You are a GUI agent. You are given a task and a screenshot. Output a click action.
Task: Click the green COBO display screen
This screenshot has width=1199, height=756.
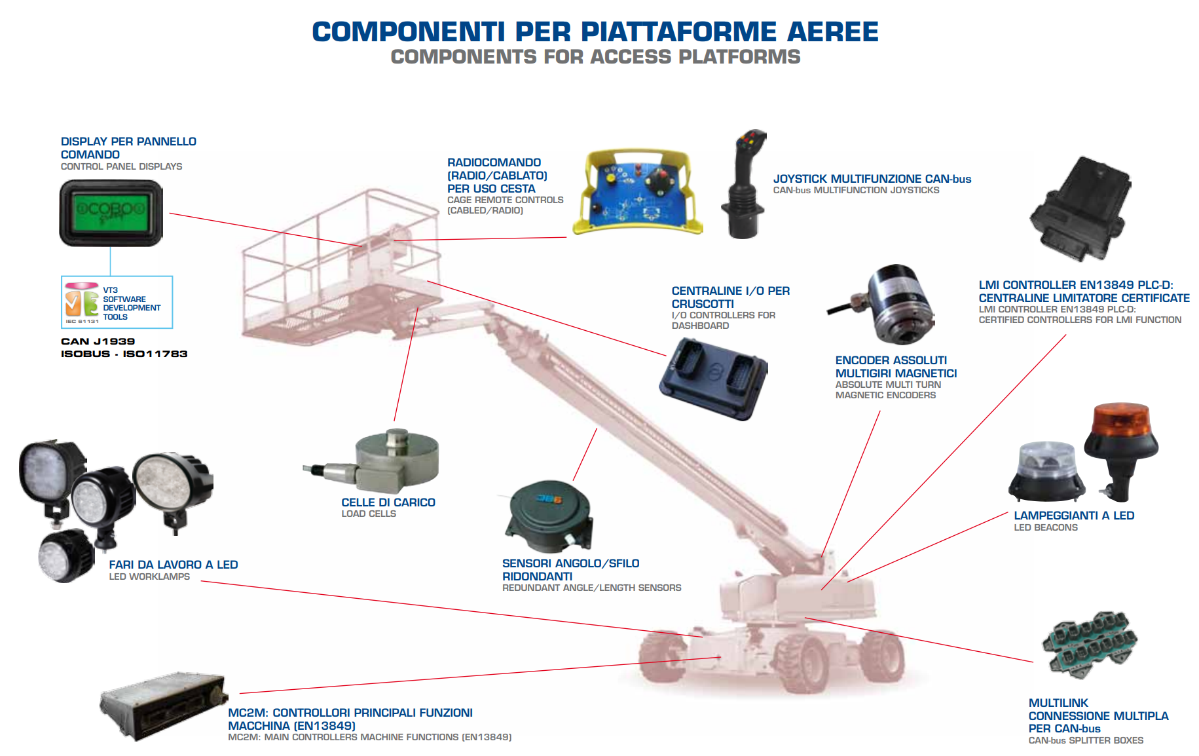pyautogui.click(x=111, y=212)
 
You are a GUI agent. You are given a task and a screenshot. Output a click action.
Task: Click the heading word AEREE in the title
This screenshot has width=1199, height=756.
pyautogui.click(x=832, y=32)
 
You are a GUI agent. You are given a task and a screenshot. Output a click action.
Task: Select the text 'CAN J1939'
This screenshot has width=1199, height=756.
pyautogui.click(x=98, y=341)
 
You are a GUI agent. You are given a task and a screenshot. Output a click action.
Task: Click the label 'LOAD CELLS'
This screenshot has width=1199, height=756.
pyautogui.click(x=369, y=514)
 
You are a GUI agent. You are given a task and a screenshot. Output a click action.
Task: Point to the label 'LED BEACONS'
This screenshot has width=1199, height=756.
pyautogui.click(x=1046, y=528)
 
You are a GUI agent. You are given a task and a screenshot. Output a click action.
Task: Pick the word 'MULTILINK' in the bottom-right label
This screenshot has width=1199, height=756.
pyautogui.click(x=1058, y=703)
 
